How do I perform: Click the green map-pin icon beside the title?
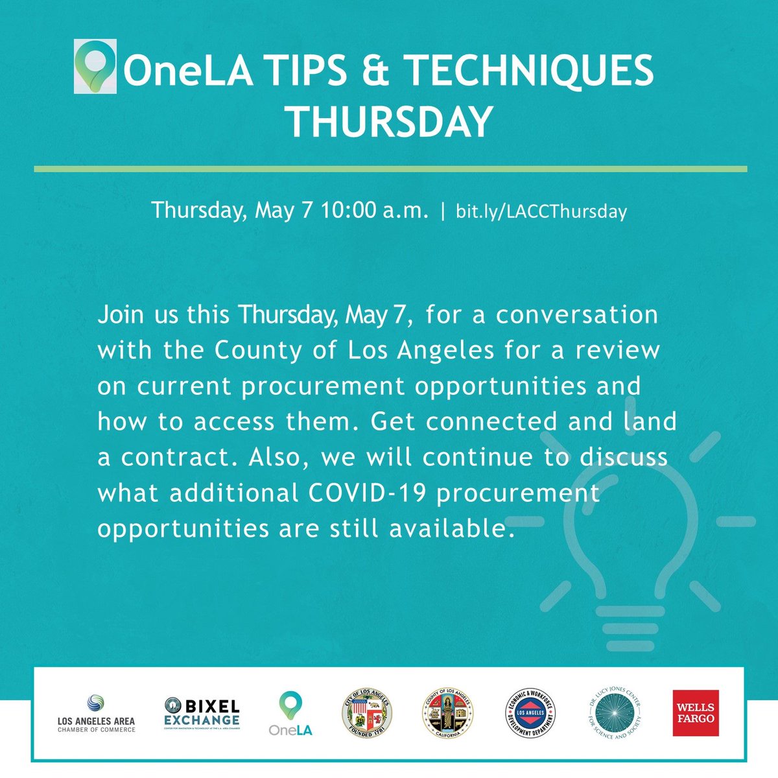pos(95,66)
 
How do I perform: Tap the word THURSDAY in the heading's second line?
pos(389,121)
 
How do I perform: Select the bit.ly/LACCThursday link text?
pos(541,211)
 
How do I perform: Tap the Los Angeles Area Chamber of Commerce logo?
pos(96,713)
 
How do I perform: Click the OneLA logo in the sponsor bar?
pos(290,713)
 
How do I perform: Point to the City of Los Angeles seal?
pos(366,713)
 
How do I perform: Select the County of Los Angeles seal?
pos(448,713)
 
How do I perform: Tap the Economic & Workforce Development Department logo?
pos(530,713)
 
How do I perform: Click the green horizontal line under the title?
pos(390,169)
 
